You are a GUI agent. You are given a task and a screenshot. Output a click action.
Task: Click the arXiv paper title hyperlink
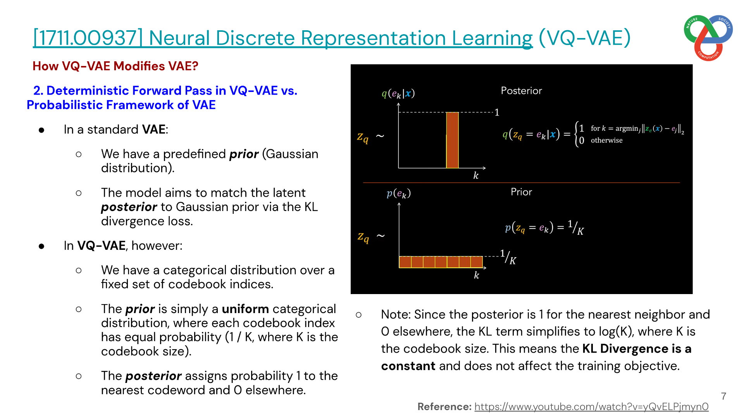coord(283,38)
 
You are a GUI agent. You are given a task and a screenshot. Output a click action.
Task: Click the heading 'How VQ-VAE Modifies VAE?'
coord(115,66)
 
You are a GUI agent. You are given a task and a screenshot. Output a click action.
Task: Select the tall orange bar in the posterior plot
coord(452,140)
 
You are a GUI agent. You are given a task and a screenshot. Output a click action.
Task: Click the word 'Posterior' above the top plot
coord(521,91)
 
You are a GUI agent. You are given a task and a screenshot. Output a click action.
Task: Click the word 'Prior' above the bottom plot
coord(521,192)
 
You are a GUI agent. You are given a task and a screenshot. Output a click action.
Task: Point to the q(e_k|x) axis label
coord(398,93)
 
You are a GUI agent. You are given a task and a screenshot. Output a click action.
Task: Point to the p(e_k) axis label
coord(399,193)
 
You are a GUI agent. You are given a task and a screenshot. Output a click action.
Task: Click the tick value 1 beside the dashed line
coord(497,113)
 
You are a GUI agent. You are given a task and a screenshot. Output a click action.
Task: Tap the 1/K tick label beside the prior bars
coord(508,257)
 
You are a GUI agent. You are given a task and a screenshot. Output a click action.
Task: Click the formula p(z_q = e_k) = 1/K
coord(544,228)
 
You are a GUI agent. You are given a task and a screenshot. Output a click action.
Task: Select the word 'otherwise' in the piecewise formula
coord(606,140)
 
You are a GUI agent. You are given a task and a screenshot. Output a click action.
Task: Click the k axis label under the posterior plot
coord(476,176)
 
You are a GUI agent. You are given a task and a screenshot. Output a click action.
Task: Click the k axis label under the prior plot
coord(477,275)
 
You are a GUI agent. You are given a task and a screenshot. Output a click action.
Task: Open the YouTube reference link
coord(591,407)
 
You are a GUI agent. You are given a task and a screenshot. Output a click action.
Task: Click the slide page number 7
coord(723,396)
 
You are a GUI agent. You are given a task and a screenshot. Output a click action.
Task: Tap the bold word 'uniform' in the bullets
coord(245,309)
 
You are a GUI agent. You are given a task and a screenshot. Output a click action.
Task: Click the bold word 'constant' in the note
coord(408,366)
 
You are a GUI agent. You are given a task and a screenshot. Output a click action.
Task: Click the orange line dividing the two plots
coord(521,182)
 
